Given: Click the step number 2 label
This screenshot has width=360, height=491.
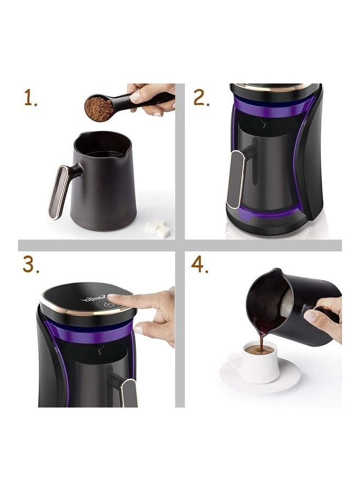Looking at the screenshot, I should click(x=201, y=98).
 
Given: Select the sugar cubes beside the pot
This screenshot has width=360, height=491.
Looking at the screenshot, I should click(x=157, y=227).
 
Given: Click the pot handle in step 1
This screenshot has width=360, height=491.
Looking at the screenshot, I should click(x=60, y=191).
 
